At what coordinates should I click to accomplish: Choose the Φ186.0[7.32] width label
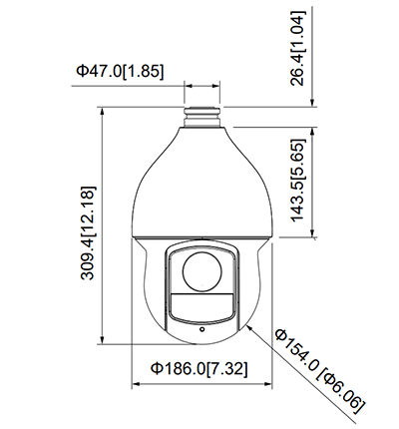tap(199, 368)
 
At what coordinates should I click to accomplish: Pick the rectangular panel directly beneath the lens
tap(200, 304)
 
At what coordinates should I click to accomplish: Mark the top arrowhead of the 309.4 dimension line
tap(105, 112)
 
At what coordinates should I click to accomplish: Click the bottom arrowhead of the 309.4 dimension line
tap(105, 338)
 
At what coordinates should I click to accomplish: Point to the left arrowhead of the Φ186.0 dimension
tap(136, 384)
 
